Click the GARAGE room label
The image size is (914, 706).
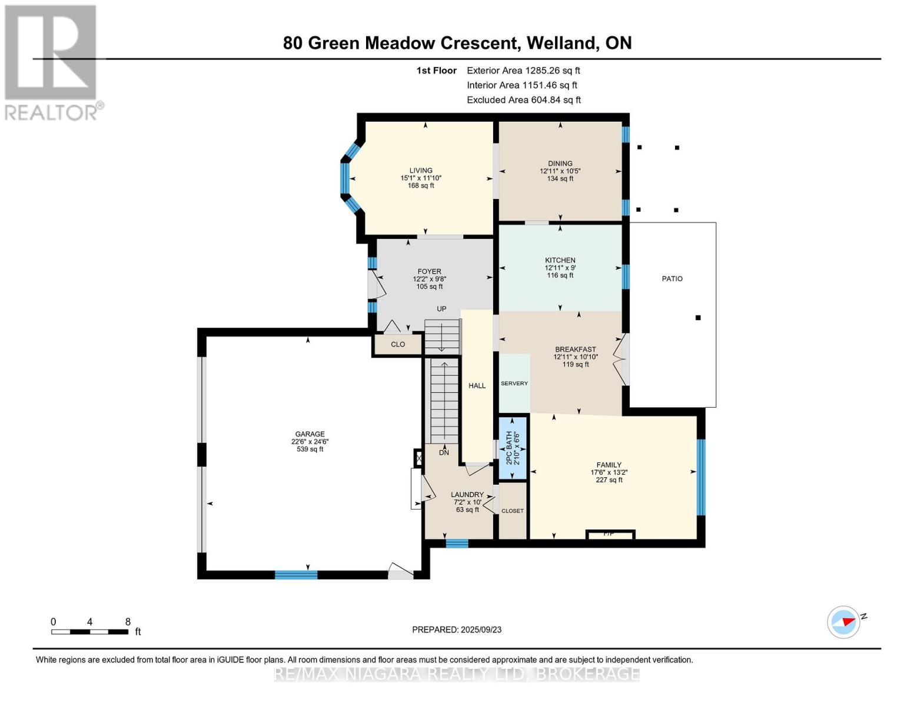click(x=310, y=434)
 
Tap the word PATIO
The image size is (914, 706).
click(x=672, y=279)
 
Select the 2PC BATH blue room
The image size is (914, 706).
click(x=512, y=448)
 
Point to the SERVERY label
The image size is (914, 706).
click(x=514, y=384)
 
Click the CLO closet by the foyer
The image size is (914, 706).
click(x=397, y=344)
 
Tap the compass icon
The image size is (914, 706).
click(x=843, y=622)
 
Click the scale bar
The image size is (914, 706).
click(x=89, y=632)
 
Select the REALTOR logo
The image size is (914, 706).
click(x=51, y=62)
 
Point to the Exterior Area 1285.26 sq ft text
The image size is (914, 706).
click(x=523, y=71)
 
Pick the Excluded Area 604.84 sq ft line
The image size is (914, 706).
click(x=524, y=100)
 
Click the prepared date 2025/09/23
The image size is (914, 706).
click(x=481, y=630)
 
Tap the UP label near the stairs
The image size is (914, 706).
click(x=441, y=309)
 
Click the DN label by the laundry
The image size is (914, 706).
click(x=444, y=452)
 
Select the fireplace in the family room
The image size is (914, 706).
click(x=610, y=534)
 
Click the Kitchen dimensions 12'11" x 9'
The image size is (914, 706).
click(x=560, y=268)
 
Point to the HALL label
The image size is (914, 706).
click(x=477, y=385)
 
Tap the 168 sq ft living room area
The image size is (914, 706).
click(x=421, y=185)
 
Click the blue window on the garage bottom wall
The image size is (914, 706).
click(x=296, y=575)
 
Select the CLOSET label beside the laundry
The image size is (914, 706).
click(x=512, y=511)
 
